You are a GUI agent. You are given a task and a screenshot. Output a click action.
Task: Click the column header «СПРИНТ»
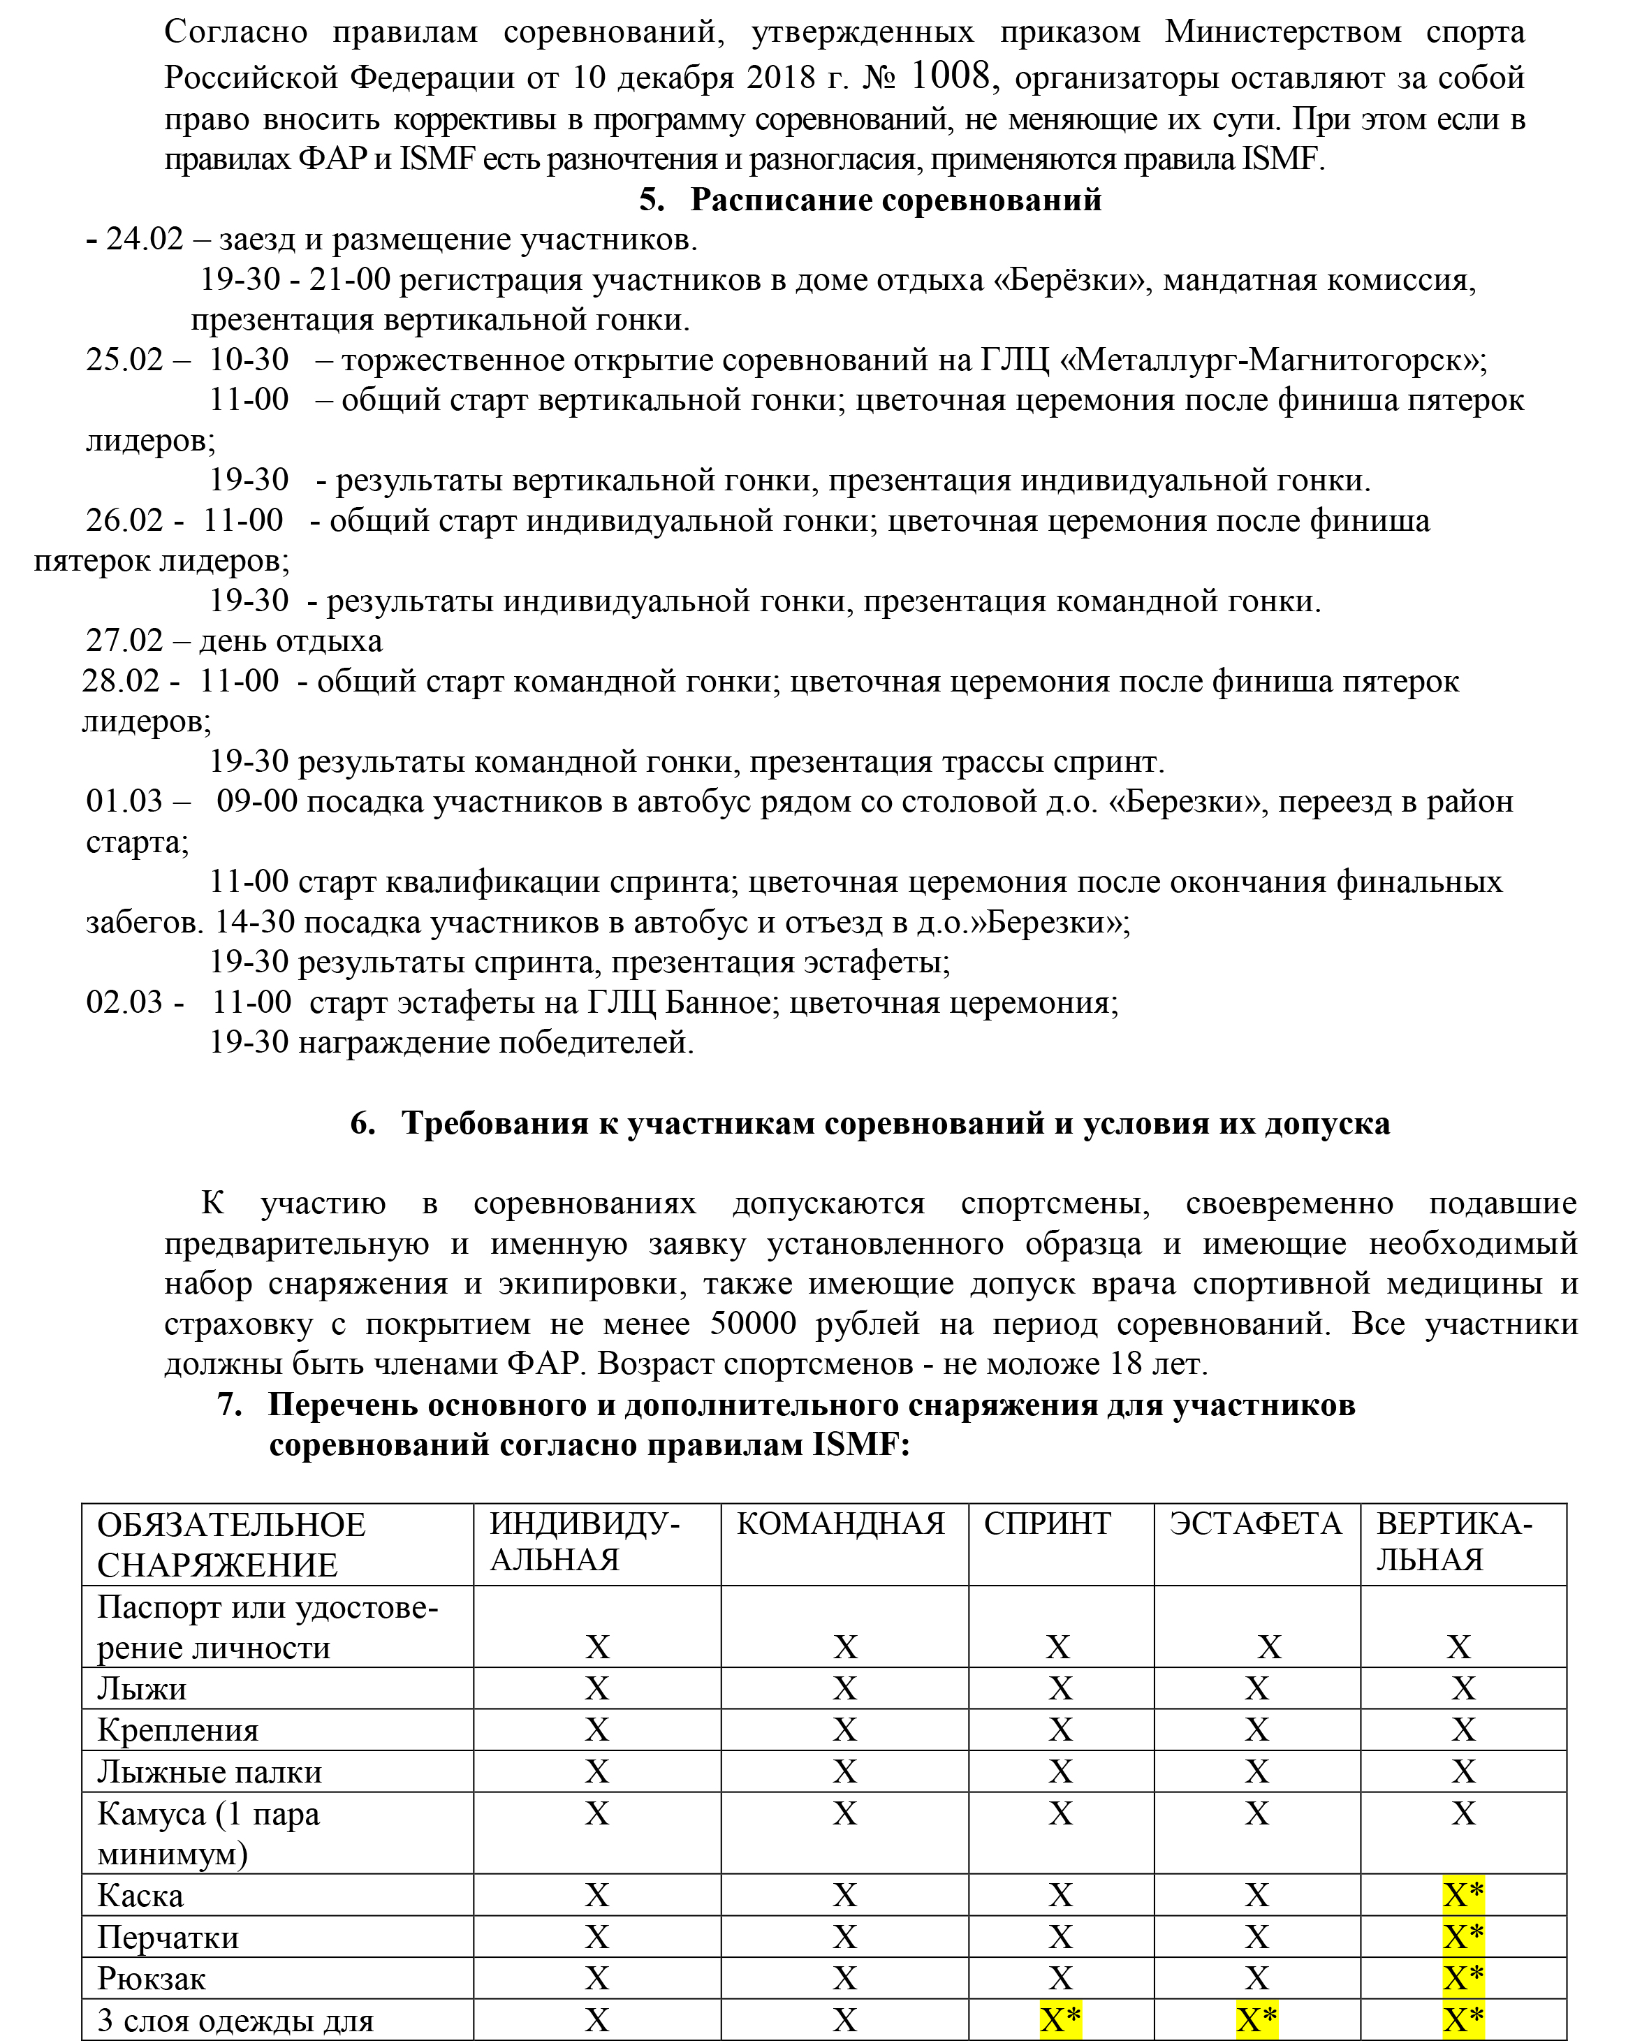coord(1047,1523)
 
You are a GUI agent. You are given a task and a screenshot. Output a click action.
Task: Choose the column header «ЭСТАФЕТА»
coord(1255,1523)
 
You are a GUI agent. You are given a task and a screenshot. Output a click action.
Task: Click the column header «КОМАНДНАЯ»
coord(841,1523)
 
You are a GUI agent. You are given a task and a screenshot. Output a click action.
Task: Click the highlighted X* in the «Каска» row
coord(1463,1896)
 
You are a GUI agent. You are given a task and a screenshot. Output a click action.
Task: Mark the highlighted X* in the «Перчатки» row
coord(1463,1938)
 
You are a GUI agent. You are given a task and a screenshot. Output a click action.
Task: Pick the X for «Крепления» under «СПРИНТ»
coord(1060,1730)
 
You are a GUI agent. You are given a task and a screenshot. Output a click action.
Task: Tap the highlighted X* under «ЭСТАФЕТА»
coord(1256,2020)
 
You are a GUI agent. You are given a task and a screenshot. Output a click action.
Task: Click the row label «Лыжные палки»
coord(209,1772)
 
